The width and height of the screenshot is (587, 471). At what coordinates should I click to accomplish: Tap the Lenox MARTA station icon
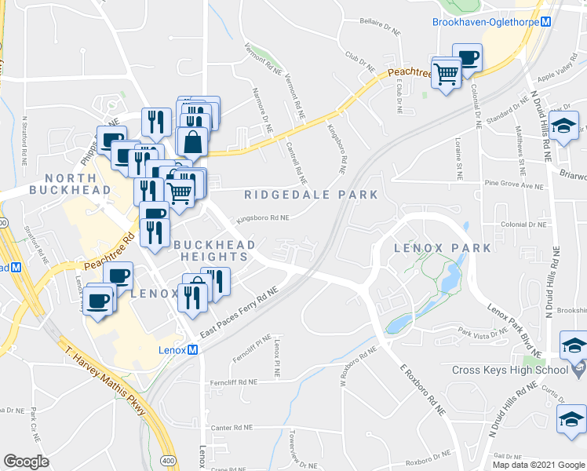[191, 350]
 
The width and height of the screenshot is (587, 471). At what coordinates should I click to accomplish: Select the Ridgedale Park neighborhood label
[311, 195]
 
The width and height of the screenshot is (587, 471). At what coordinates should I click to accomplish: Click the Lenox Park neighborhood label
[443, 248]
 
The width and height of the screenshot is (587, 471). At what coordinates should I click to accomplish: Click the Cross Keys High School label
[509, 370]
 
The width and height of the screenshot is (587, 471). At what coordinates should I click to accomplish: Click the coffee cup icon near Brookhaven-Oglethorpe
[468, 59]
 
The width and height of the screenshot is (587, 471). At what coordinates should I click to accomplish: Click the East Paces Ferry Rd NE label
[239, 313]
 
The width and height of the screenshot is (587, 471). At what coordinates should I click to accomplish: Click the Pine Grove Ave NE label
[514, 186]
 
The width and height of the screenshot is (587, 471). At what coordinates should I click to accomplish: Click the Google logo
[27, 462]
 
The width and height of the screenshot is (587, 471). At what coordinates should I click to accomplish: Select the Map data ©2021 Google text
[538, 465]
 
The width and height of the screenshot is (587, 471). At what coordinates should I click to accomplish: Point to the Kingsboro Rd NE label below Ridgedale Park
[262, 218]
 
